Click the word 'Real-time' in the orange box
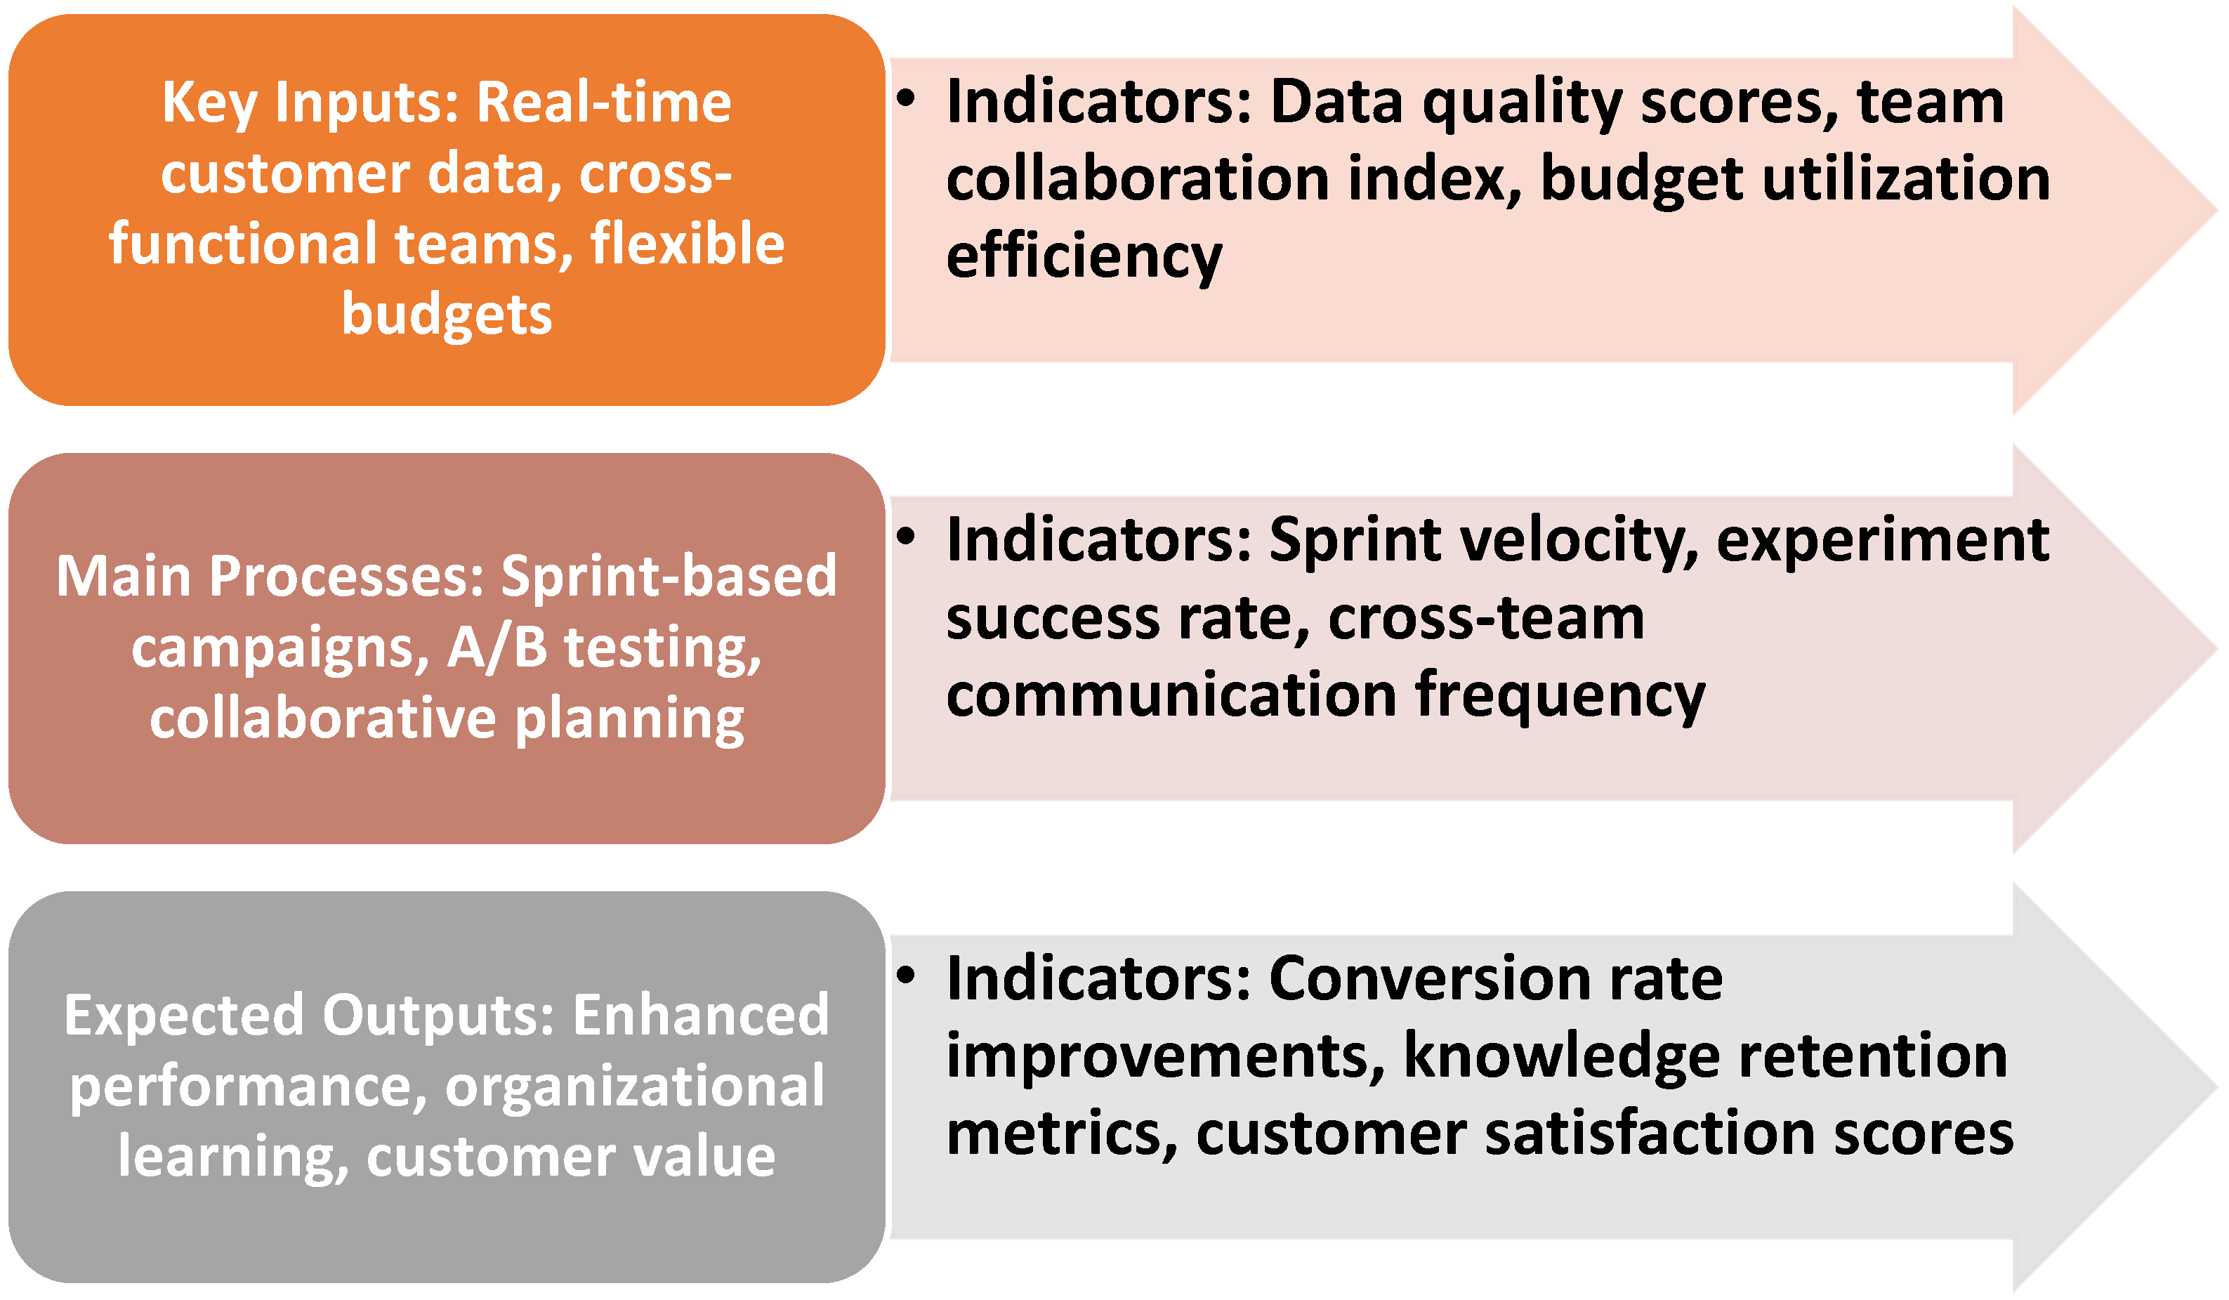(x=604, y=103)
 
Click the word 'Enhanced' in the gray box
(x=701, y=1016)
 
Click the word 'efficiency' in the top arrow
(x=1084, y=257)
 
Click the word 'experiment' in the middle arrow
(x=1883, y=541)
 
